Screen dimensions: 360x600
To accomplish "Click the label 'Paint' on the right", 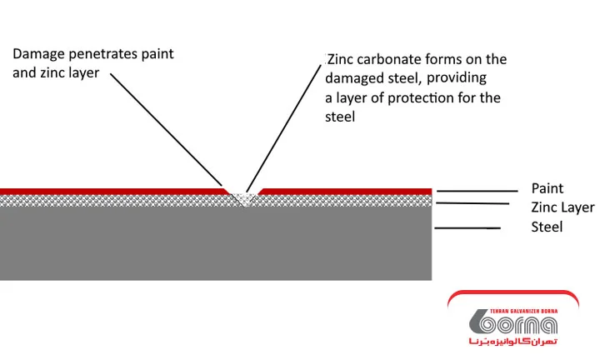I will [547, 188].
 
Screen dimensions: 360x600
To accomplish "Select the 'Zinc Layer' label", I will [562, 207].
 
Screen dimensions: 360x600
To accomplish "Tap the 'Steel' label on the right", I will [547, 227].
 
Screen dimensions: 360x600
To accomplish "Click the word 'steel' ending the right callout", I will [340, 117].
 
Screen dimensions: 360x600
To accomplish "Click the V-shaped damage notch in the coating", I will [244, 197].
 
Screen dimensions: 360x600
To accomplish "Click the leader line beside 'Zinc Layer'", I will [472, 203].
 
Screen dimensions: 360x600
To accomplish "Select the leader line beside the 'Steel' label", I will [467, 227].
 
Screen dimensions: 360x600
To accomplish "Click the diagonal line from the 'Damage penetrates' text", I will [167, 128].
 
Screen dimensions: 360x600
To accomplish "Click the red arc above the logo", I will [512, 293].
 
